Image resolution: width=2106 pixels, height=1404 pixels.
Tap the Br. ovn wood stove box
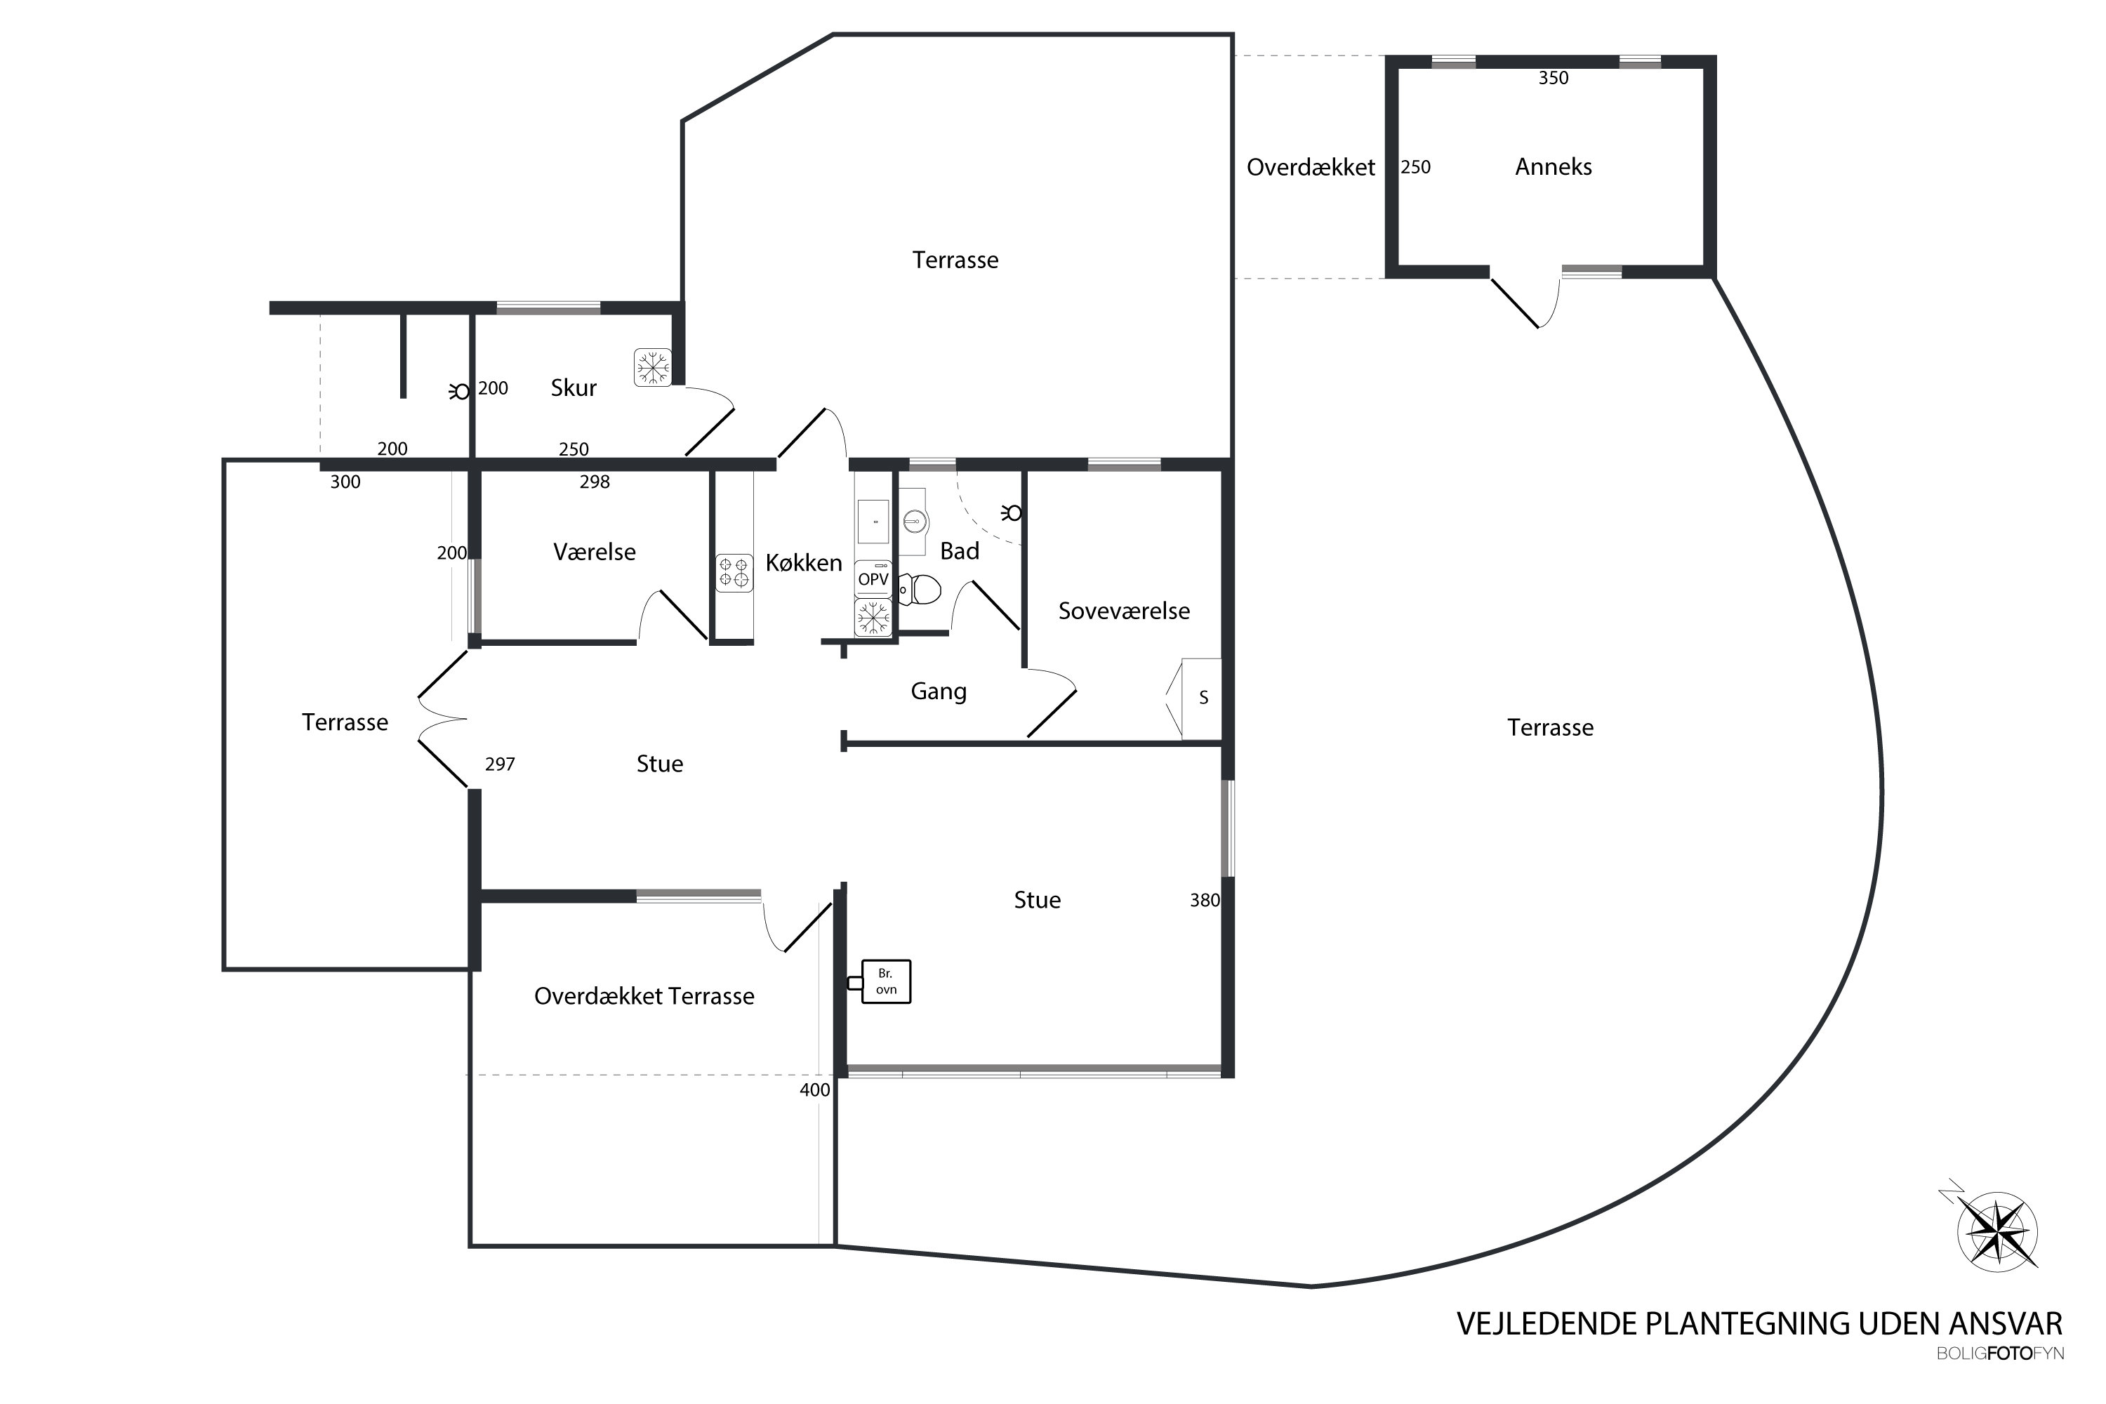click(x=885, y=981)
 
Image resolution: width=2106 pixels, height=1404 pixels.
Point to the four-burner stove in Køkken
click(x=734, y=573)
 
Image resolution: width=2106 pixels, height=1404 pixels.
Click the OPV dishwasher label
click(x=873, y=579)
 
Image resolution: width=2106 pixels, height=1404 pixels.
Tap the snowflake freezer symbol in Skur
click(x=653, y=367)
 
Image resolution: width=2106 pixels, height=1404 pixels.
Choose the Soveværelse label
click(x=1124, y=611)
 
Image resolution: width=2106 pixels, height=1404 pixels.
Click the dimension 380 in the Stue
click(x=1205, y=900)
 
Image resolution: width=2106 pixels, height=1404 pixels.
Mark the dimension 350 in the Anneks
click(x=1554, y=78)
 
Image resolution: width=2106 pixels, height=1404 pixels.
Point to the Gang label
click(x=939, y=691)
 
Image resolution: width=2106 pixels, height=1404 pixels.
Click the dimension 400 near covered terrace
click(x=815, y=1090)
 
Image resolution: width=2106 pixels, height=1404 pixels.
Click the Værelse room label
click(x=595, y=552)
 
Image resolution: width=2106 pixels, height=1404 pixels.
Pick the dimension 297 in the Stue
click(x=500, y=764)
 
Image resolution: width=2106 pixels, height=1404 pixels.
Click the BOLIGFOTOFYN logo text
click(x=1999, y=1354)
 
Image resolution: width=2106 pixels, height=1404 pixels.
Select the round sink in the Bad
click(x=913, y=520)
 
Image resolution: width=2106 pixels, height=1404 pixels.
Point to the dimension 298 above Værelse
click(x=595, y=482)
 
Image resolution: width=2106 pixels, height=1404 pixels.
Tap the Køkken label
click(x=803, y=563)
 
